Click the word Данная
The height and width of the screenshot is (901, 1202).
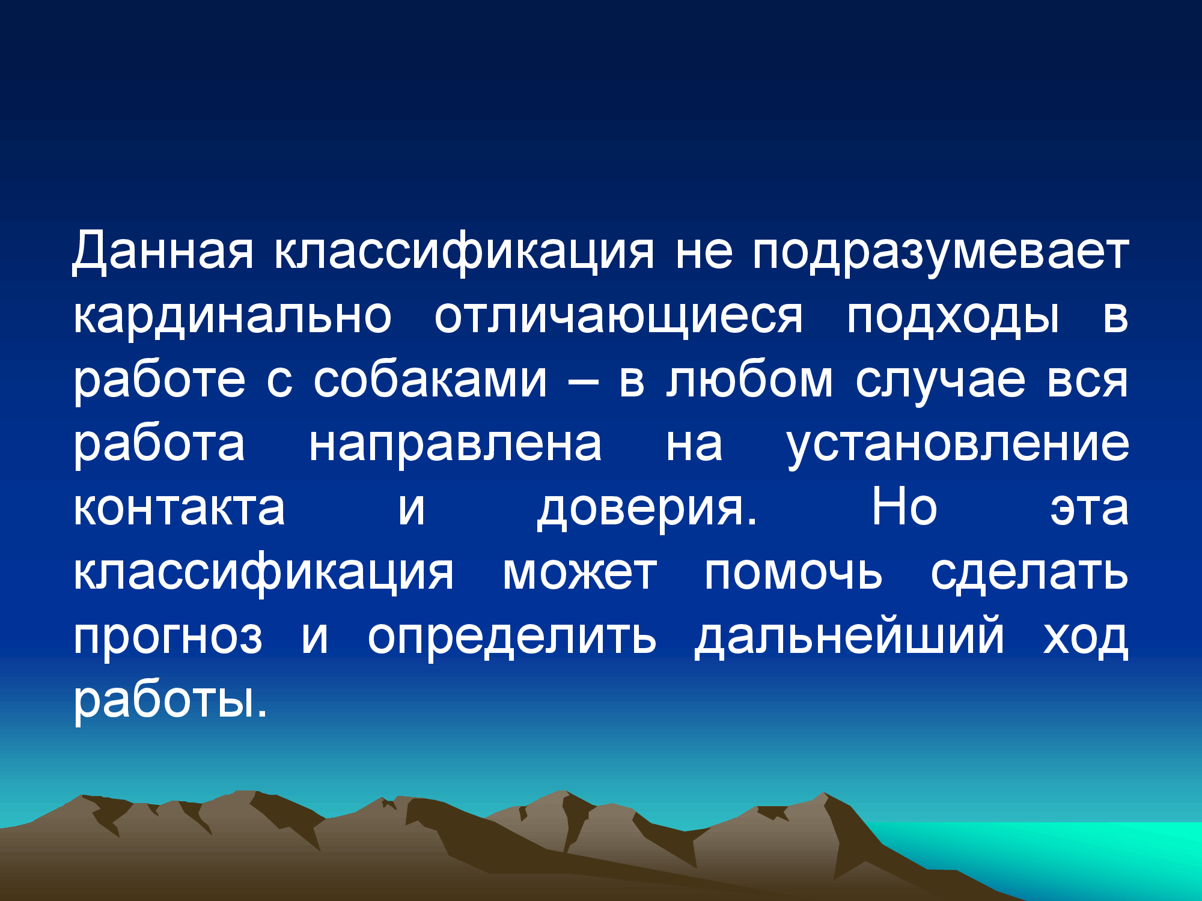163,252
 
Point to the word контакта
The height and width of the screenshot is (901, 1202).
179,508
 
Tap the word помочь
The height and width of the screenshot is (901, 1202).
793,572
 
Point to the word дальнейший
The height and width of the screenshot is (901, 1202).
849,637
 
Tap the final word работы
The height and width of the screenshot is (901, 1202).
170,701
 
